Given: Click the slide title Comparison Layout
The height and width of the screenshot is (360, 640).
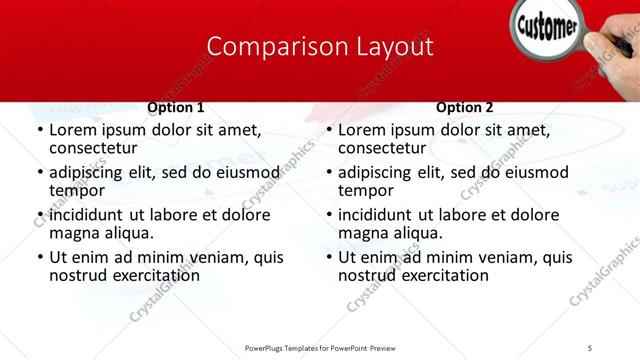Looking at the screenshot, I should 320,47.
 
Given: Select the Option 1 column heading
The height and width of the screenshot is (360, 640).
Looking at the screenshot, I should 176,108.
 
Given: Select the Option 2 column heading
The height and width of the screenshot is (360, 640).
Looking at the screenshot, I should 465,108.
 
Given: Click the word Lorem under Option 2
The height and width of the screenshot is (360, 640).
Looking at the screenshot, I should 362,130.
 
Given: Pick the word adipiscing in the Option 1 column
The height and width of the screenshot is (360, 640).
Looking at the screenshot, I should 93,172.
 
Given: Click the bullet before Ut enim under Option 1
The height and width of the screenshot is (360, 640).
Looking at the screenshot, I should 39,258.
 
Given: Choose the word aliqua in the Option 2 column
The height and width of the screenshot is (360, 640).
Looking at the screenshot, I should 416,233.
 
